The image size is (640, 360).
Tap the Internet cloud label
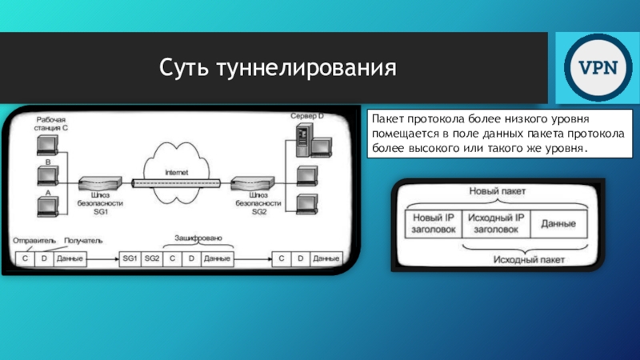point(178,172)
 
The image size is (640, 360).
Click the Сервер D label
point(306,117)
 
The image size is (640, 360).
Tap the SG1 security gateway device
point(99,183)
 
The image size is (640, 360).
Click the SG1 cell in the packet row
point(130,259)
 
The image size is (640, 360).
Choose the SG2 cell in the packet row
point(153,259)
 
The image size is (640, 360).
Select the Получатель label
point(82,240)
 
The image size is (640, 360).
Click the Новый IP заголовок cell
point(432,222)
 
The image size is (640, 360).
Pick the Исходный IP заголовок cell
point(495,222)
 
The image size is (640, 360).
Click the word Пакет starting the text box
point(387,118)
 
